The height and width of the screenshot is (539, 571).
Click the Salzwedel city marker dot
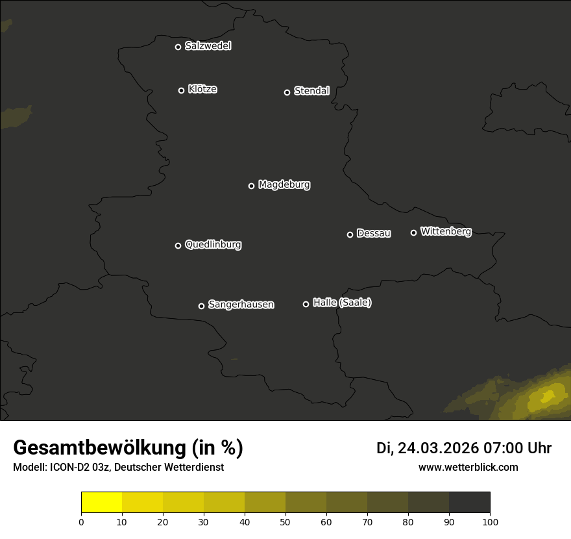coord(178,47)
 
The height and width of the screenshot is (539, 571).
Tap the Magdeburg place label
coord(284,185)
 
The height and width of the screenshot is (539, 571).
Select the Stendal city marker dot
coord(287,92)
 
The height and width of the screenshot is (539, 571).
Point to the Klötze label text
coord(202,89)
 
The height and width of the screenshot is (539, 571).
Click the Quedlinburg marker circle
coord(178,245)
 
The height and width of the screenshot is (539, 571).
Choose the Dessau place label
coord(374,233)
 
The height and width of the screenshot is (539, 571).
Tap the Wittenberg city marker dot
coord(413,232)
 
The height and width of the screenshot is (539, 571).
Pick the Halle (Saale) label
coord(342,303)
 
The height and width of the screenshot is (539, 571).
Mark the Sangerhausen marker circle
coord(201,306)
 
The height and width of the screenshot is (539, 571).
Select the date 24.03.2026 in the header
coord(438,448)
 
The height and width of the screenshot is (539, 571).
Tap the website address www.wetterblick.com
coord(468,467)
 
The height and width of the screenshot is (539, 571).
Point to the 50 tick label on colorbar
coord(285,521)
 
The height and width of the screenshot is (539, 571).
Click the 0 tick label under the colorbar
coord(81,521)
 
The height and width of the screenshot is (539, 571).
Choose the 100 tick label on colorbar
coord(490,521)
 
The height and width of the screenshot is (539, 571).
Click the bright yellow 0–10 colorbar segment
coord(101,503)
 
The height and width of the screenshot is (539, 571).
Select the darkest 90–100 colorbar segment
coord(469,503)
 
